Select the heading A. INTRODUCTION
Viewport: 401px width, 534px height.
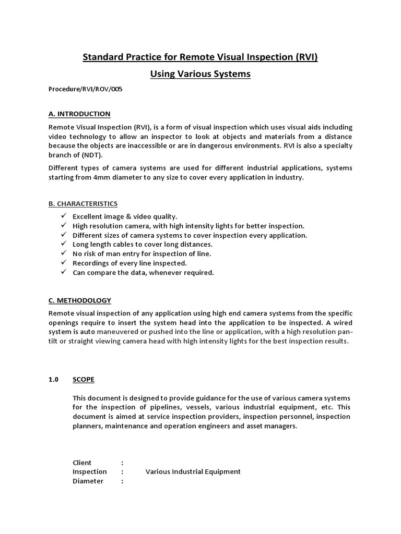[x=79, y=114]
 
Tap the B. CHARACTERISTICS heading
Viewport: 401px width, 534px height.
[x=83, y=203]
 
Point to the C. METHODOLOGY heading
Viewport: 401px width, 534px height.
[x=80, y=300]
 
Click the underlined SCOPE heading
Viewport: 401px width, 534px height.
[x=84, y=380]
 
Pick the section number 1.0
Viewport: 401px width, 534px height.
[x=54, y=380]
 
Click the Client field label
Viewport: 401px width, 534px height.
[x=82, y=463]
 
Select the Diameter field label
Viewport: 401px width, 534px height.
[x=88, y=481]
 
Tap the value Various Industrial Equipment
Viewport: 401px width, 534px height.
[x=193, y=472]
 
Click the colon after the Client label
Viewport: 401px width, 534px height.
[x=122, y=463]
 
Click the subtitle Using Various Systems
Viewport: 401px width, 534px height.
[x=200, y=74]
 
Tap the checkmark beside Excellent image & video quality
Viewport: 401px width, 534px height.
[x=63, y=216]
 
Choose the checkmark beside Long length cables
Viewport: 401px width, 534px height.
[x=63, y=244]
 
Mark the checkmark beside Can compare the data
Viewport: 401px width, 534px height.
[x=63, y=272]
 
